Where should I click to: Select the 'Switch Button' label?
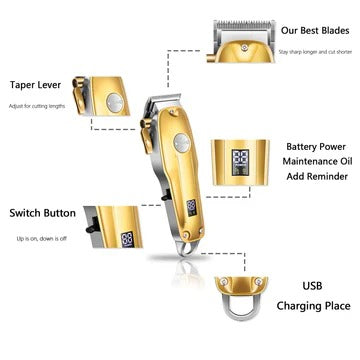[41, 213]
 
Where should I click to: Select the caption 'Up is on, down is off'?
[41, 239]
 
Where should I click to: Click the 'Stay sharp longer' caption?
[312, 50]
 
